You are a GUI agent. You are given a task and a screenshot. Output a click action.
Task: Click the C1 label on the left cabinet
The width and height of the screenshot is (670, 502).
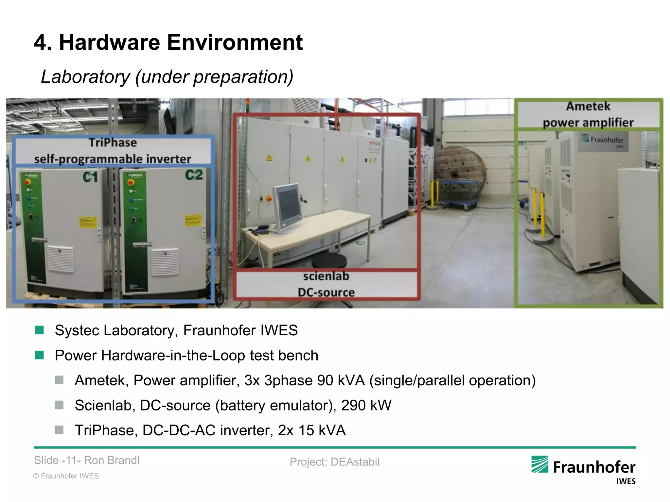(x=90, y=177)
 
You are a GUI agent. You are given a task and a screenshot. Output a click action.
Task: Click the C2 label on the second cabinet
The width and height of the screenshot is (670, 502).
(x=194, y=175)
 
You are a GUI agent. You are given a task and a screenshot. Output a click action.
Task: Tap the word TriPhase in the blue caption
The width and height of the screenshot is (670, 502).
(x=113, y=143)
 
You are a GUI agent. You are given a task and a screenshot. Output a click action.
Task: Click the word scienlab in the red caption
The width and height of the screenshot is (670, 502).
(x=326, y=276)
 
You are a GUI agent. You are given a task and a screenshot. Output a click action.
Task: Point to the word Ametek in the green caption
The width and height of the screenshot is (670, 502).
(x=588, y=107)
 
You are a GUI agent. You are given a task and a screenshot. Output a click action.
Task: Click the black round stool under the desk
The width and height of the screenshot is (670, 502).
(x=329, y=262)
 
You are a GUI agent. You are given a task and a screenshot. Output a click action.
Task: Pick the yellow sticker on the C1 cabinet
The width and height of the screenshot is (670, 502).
(x=88, y=222)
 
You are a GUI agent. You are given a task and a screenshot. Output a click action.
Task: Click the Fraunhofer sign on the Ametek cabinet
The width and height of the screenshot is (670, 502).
(x=602, y=141)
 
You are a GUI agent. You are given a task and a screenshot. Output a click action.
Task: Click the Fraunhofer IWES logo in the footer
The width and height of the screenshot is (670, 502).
(x=583, y=469)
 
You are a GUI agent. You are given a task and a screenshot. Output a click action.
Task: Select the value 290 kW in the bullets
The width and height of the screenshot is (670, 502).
(x=366, y=406)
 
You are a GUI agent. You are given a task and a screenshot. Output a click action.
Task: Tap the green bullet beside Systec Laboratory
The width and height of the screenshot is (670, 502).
(x=39, y=330)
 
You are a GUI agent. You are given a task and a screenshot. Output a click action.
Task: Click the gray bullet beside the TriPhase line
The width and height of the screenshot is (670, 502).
(x=59, y=430)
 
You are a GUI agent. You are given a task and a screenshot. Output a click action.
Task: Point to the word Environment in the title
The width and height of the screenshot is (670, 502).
(x=235, y=42)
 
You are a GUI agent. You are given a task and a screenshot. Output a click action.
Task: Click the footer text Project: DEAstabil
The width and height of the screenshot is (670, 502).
(x=334, y=462)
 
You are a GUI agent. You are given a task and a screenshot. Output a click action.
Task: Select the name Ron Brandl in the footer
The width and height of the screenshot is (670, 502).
(x=112, y=460)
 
